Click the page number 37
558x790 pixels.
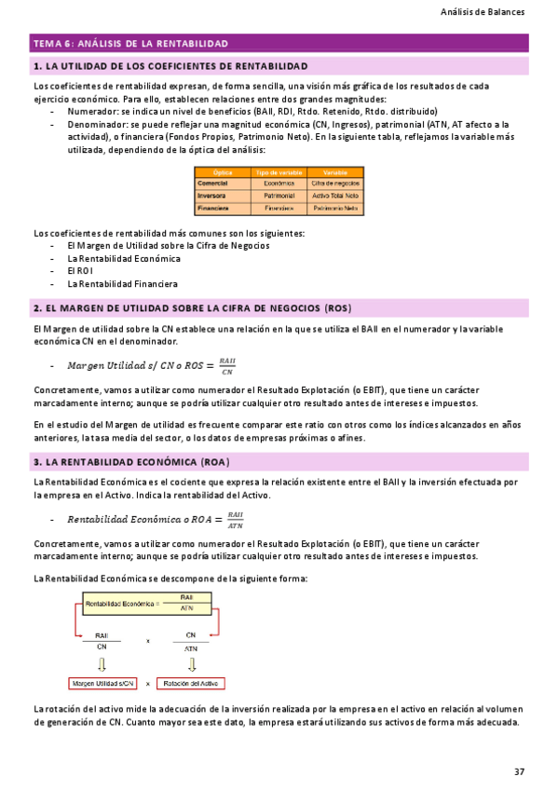click(x=520, y=770)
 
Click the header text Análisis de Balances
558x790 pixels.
click(x=483, y=12)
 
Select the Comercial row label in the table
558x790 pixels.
click(x=213, y=184)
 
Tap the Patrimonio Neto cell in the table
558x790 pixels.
click(x=334, y=209)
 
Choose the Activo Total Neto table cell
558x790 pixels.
click(x=334, y=197)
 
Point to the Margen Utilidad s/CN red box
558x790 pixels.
click(x=103, y=683)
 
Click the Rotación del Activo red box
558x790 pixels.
click(x=190, y=683)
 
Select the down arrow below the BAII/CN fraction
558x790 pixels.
click(x=102, y=662)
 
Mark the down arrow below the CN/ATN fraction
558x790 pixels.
click(x=191, y=662)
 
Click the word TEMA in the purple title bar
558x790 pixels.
click(x=46, y=43)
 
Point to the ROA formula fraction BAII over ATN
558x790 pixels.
click(x=236, y=520)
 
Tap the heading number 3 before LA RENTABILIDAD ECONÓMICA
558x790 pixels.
click(x=35, y=462)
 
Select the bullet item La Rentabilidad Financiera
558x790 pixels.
click(x=123, y=284)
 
